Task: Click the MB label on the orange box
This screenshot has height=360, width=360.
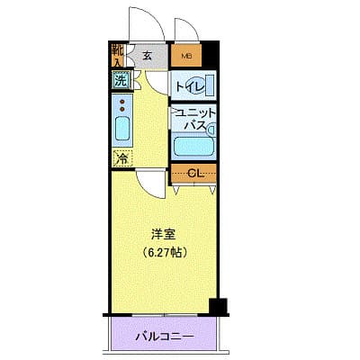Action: point(186,56)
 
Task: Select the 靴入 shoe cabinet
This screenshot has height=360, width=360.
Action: point(118,55)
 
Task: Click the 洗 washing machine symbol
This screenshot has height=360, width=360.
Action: point(121,79)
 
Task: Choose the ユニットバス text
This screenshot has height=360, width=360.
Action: point(194,119)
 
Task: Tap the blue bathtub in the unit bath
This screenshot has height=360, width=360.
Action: point(194,144)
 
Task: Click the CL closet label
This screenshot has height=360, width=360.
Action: point(193,172)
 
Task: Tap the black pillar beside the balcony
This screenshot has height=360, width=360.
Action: point(217,307)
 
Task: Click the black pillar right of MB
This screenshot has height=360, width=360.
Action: point(210,54)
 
